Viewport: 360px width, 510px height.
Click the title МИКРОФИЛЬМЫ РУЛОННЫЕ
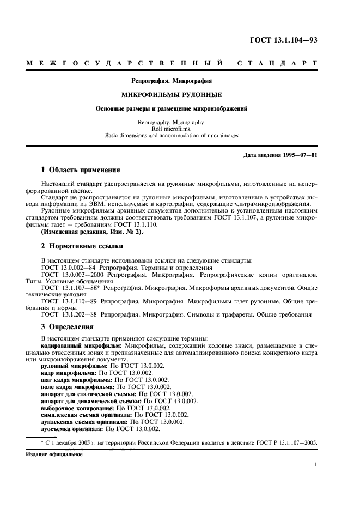[172, 94]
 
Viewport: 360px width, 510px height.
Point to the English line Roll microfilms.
[172, 130]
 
